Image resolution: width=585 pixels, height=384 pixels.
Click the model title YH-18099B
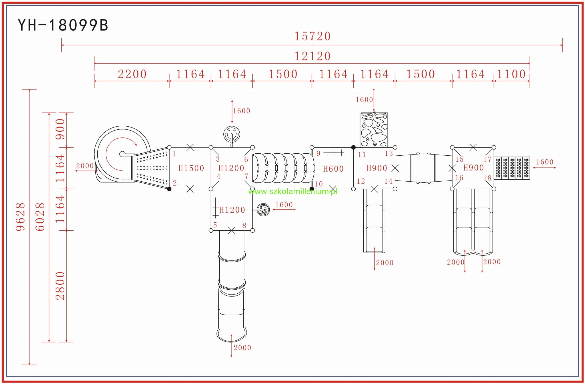pyautogui.click(x=63, y=25)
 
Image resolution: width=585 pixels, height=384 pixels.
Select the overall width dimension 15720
pyautogui.click(x=312, y=36)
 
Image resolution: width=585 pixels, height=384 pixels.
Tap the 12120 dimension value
pyautogui.click(x=312, y=56)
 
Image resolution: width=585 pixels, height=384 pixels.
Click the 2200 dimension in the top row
pyautogui.click(x=132, y=74)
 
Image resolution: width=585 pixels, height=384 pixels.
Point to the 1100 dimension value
pyautogui.click(x=511, y=74)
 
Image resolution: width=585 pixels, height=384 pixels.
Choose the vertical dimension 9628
pyautogui.click(x=21, y=217)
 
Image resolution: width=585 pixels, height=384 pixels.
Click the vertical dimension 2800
pyautogui.click(x=60, y=286)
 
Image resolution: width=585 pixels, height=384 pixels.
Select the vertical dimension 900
pyautogui.click(x=60, y=129)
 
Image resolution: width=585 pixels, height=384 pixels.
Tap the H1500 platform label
pyautogui.click(x=191, y=168)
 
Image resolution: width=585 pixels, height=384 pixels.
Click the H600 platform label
pyautogui.click(x=333, y=169)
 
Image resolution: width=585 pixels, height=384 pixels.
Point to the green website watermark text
pyautogui.click(x=292, y=191)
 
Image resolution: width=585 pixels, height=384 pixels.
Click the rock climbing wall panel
pyautogui.click(x=374, y=129)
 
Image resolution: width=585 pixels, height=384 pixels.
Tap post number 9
pyautogui.click(x=318, y=154)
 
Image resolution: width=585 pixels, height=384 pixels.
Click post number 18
pyautogui.click(x=487, y=178)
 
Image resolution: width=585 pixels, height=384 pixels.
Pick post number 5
pyautogui.click(x=215, y=225)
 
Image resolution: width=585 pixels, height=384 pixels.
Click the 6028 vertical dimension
pyautogui.click(x=40, y=217)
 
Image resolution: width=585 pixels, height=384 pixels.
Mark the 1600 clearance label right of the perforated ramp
pyautogui.click(x=544, y=162)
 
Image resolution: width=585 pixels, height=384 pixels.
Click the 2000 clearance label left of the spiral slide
pyautogui.click(x=85, y=166)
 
